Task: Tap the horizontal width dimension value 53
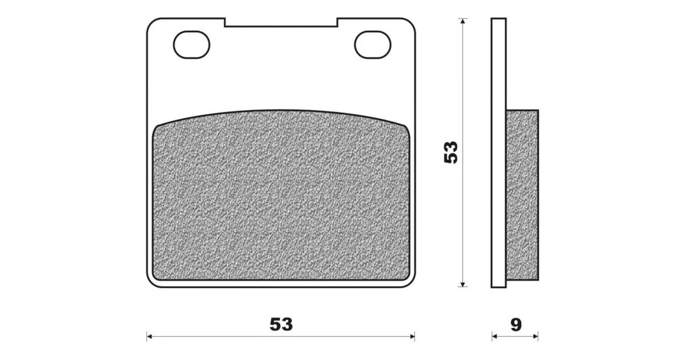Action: coord(281,325)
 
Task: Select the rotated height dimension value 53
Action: coord(450,152)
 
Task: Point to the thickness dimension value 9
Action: coord(516,325)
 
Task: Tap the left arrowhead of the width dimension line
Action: coord(150,337)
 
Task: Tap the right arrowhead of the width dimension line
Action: coord(412,337)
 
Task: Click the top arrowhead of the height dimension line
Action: coord(462,21)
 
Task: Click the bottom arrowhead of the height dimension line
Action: coord(462,284)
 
